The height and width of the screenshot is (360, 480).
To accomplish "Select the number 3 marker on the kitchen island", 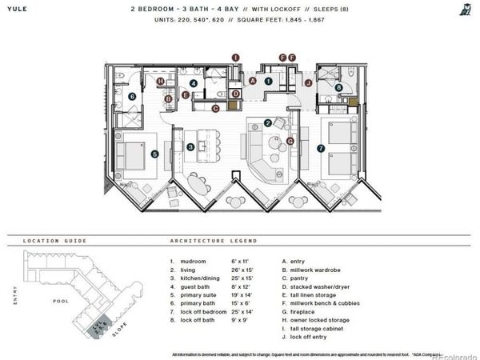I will [190, 147].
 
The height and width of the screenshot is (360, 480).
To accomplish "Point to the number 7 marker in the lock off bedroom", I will [319, 147].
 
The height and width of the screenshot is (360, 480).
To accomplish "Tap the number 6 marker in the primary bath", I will [132, 97].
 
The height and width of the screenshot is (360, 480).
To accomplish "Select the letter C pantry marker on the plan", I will [216, 108].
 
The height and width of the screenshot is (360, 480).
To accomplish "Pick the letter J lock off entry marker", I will [307, 82].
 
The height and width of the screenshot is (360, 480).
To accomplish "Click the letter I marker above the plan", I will [235, 58].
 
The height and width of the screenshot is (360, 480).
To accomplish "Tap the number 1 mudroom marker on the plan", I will [269, 80].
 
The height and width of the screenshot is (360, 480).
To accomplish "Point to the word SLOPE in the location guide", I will [119, 332].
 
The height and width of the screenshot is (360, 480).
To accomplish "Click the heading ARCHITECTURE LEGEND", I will [214, 240].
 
